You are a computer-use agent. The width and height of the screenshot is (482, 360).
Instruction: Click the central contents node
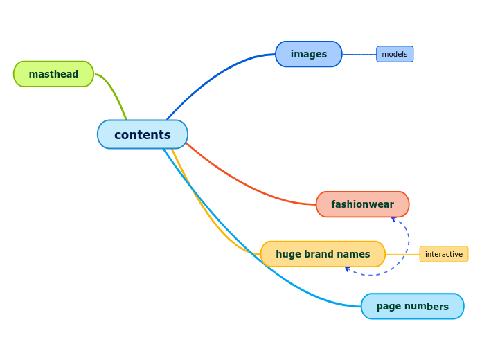(142, 134)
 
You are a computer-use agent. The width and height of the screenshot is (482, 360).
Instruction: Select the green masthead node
(53, 74)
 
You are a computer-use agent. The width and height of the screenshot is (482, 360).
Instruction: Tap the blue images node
(308, 54)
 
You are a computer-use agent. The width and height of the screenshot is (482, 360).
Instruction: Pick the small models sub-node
(394, 54)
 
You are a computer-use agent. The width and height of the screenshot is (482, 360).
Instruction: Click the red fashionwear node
(362, 204)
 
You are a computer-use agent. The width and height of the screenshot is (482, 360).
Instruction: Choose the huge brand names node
(322, 254)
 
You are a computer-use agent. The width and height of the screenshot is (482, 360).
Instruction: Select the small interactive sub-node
(443, 254)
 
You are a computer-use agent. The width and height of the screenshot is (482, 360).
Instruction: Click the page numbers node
(412, 306)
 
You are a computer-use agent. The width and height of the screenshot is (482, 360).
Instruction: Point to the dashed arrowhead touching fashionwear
(393, 219)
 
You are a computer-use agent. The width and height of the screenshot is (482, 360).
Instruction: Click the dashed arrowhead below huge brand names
(348, 269)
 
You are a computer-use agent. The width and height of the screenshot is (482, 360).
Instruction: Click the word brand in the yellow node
(319, 254)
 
